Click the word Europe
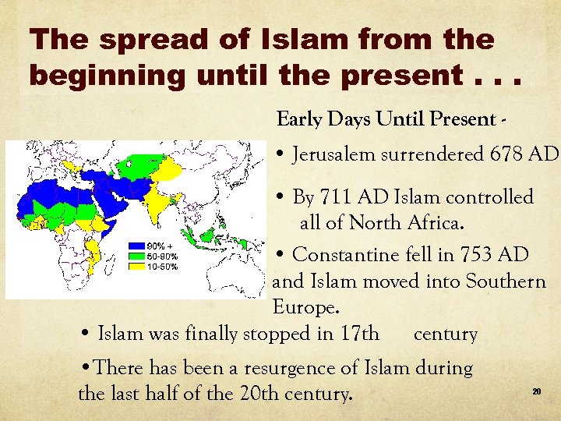coord(305,308)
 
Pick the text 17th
coord(359,334)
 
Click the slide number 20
coord(537,391)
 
